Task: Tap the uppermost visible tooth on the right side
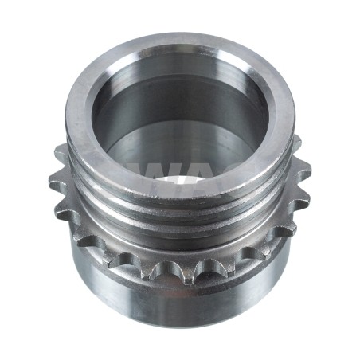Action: pyautogui.click(x=295, y=144)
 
